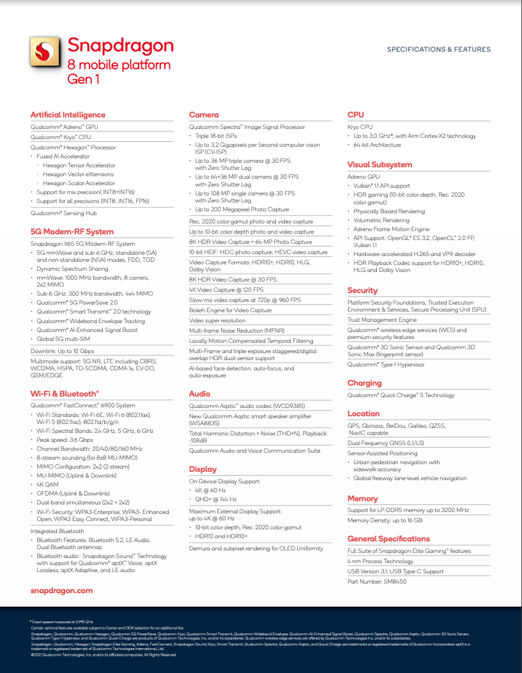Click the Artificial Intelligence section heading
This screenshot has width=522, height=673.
(68, 115)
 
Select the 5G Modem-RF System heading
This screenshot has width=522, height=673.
(72, 232)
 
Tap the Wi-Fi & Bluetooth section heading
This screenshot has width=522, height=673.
(65, 394)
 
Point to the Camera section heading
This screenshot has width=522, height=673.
(204, 115)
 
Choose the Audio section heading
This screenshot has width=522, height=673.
(200, 394)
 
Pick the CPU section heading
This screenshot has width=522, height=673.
(355, 115)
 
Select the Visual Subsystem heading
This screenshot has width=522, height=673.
(380, 165)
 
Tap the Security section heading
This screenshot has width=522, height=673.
(362, 291)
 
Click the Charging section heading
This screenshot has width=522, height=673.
(364, 383)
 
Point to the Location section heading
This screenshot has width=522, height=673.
(364, 414)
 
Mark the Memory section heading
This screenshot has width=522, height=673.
(362, 499)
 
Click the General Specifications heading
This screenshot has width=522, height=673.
(388, 539)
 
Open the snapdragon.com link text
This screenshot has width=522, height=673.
(62, 591)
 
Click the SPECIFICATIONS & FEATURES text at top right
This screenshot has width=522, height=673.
(438, 49)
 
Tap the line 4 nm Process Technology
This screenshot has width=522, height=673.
(380, 561)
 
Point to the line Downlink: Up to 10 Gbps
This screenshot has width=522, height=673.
(63, 351)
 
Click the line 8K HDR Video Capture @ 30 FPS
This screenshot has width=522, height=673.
(233, 280)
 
